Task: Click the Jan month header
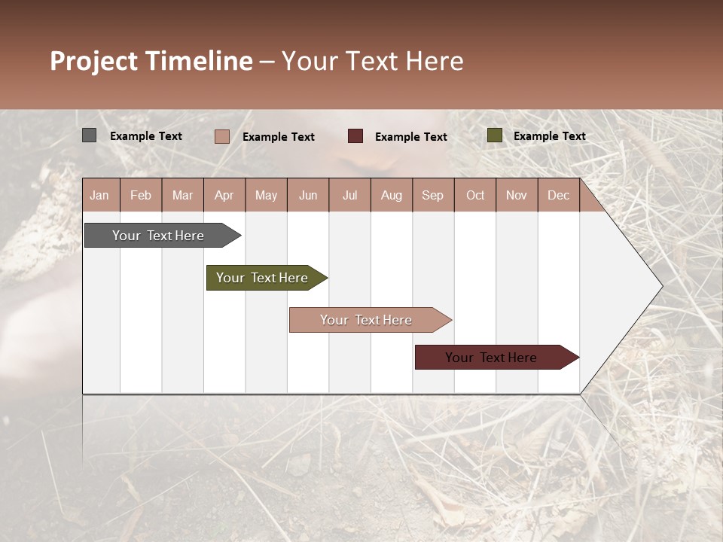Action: point(99,195)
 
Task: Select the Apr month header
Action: point(224,195)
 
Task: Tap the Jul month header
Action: point(349,195)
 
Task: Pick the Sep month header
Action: point(432,195)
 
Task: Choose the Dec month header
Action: point(558,195)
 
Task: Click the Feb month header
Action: point(141,195)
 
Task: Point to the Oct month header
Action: point(475,195)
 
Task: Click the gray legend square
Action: point(89,135)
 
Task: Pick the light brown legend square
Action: point(221,136)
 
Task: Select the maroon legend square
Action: point(355,135)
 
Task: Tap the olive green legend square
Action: point(494,135)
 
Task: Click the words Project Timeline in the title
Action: point(151,61)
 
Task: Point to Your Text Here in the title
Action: point(372,61)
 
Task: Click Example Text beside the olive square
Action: point(549,135)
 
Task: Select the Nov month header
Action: point(517,195)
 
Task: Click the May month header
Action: point(266,195)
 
